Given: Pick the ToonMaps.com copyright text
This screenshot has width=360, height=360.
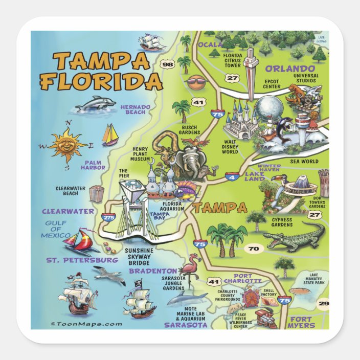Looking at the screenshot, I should pyautogui.click(x=86, y=323).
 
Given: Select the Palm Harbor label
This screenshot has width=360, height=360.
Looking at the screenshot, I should pyautogui.click(x=93, y=165).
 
